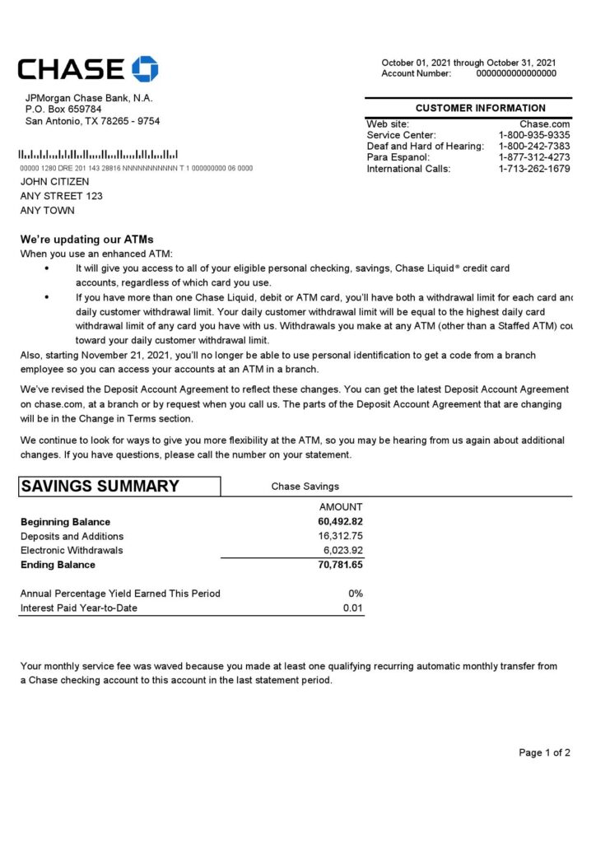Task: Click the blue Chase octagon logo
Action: click(145, 69)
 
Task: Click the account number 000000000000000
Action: click(516, 73)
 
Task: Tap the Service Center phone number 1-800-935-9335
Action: click(534, 135)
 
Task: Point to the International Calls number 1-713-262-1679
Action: click(534, 169)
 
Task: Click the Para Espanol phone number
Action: click(534, 157)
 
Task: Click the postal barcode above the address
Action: click(99, 155)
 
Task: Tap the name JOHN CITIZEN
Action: click(55, 182)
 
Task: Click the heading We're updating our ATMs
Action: click(86, 240)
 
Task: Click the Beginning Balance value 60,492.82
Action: click(340, 522)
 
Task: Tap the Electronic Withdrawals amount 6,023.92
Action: click(343, 550)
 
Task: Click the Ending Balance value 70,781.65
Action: click(340, 565)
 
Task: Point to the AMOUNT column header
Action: click(341, 507)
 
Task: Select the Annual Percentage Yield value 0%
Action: click(356, 594)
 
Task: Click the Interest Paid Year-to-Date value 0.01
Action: click(353, 608)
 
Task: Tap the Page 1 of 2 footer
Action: click(544, 752)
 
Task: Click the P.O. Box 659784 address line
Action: click(63, 109)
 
